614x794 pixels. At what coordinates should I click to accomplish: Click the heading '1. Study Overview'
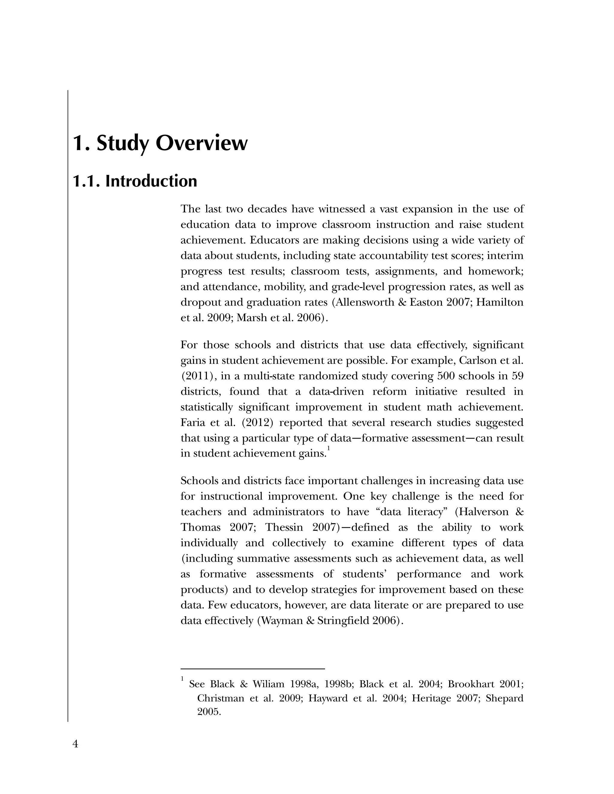pos(160,143)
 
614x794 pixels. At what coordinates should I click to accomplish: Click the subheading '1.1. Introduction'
pos(135,181)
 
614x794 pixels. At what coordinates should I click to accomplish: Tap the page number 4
pos(75,744)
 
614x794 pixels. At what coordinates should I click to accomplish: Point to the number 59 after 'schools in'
pos(517,376)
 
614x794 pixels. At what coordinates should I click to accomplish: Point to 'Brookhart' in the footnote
pos(471,684)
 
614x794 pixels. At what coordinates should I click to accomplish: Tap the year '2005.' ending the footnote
pos(209,712)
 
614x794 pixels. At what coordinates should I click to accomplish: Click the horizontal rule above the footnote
pos(252,668)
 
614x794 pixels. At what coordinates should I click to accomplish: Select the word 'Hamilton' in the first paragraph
pos(500,303)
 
